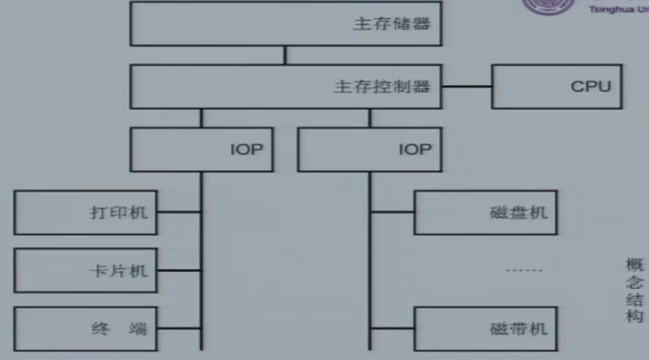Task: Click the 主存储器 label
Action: tap(392, 24)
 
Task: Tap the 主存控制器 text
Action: tap(382, 86)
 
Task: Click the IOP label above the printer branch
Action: tap(247, 149)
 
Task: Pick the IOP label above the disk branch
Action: tap(415, 149)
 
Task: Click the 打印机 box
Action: tap(86, 212)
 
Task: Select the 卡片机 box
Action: tap(86, 271)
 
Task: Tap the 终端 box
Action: tap(86, 329)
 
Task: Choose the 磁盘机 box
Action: tap(486, 212)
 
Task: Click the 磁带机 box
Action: tap(486, 329)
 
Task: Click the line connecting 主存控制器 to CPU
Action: tap(465, 87)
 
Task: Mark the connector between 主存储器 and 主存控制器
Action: tap(285, 56)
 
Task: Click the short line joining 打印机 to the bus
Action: tap(179, 212)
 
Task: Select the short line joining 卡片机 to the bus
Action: tap(179, 271)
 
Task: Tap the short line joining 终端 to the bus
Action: tap(179, 329)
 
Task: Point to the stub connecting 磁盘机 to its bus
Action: tap(392, 212)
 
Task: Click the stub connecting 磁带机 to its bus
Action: tap(392, 329)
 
